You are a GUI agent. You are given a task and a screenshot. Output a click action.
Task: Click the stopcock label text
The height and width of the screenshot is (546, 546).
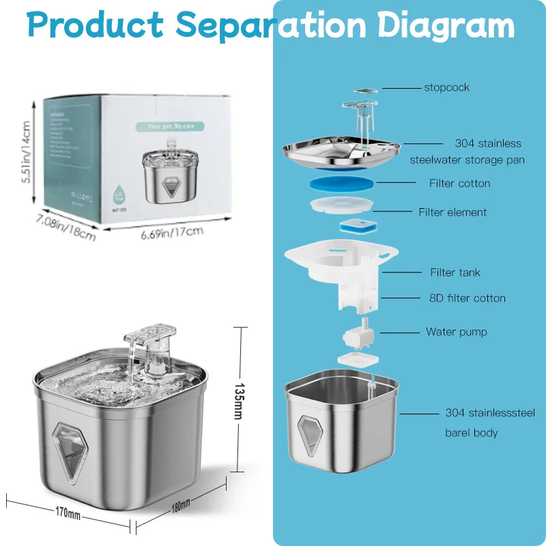pos(446,87)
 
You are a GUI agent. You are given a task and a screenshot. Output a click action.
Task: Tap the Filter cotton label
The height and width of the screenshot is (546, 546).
pos(459,183)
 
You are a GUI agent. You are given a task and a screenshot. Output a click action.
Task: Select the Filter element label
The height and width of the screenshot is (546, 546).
pos(452,212)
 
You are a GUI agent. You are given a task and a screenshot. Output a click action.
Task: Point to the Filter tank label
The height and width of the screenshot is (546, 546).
pos(455,272)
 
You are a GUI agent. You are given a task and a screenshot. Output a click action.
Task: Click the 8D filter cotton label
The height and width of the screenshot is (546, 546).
pos(468,298)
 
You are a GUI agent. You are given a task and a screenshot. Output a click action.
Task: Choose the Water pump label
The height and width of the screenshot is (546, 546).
pos(456,332)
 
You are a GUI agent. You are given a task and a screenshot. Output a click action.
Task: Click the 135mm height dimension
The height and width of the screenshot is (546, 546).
pos(240,399)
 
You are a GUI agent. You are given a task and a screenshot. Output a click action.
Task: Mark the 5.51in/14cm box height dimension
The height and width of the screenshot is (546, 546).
pos(26,151)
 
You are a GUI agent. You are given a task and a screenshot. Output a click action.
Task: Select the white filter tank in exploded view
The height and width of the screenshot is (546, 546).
pos(341,266)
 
